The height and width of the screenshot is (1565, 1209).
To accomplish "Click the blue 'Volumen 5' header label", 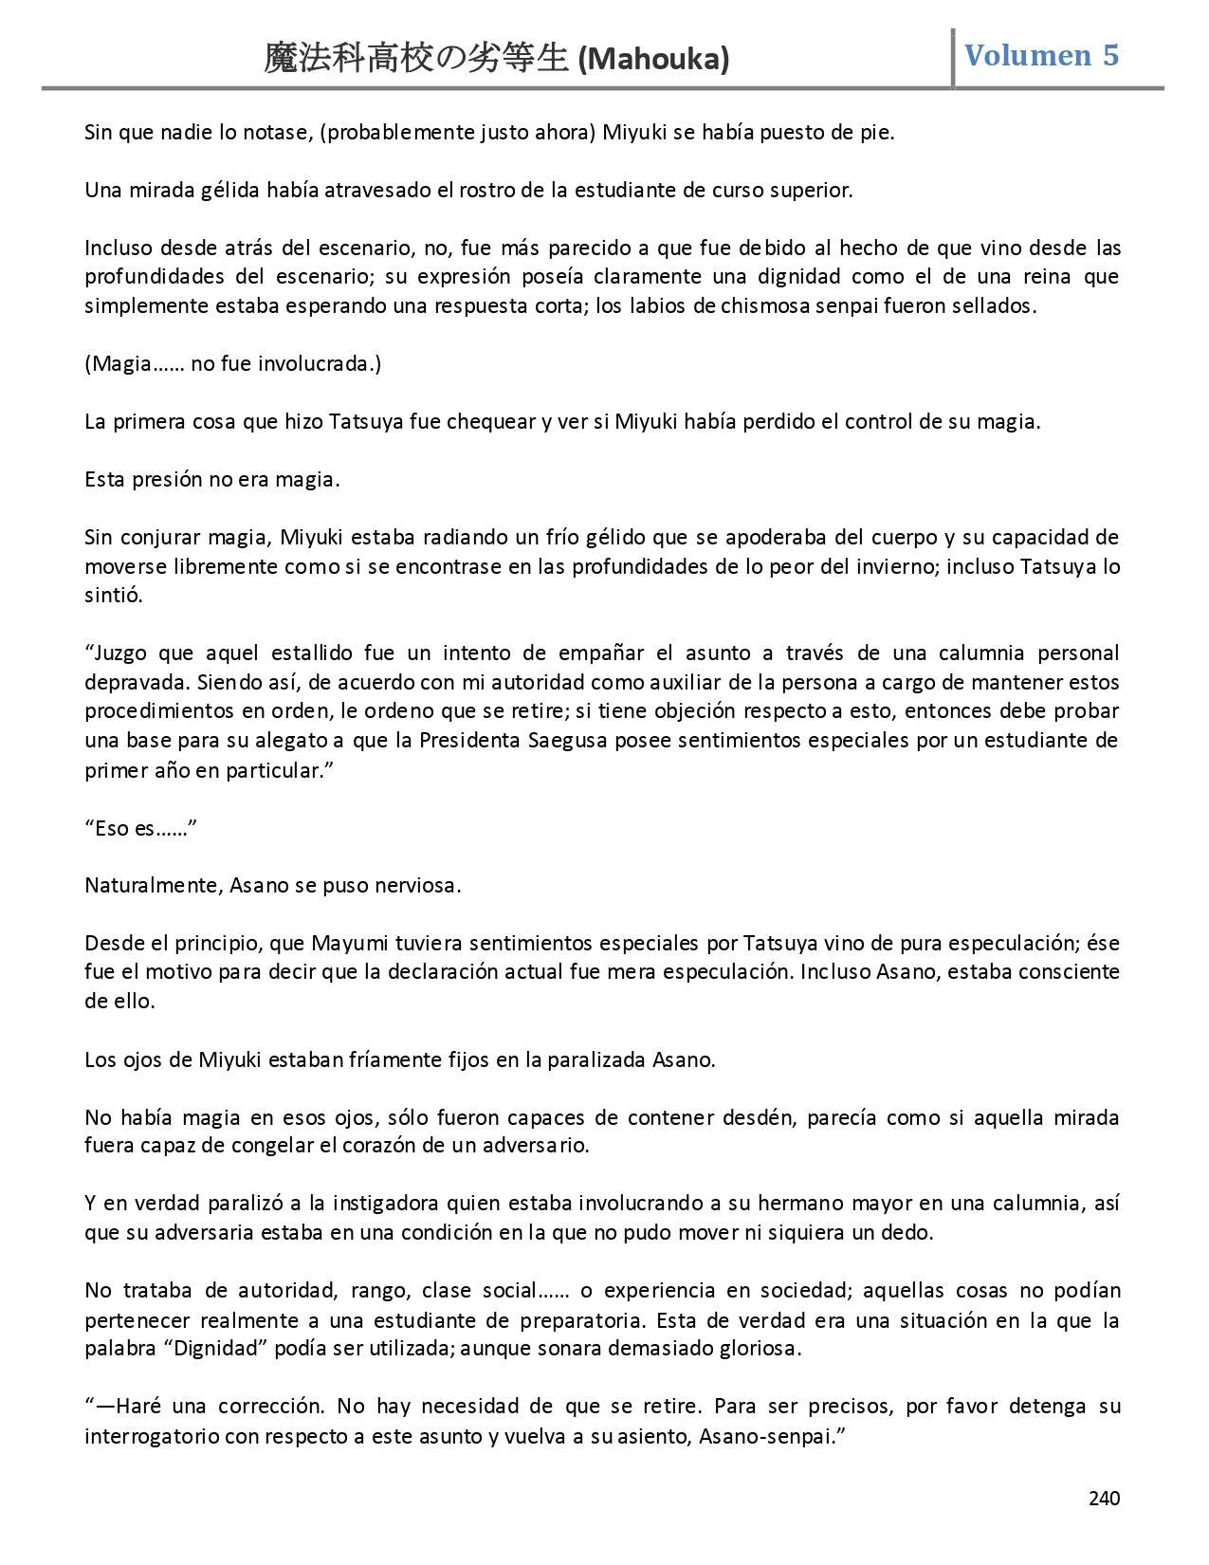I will pos(1041,55).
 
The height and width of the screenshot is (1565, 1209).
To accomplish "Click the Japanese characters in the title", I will pos(417,59).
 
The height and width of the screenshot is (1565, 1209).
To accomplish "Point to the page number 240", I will pos(1104,1498).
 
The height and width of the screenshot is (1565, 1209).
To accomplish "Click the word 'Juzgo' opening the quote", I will pos(123,654).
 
